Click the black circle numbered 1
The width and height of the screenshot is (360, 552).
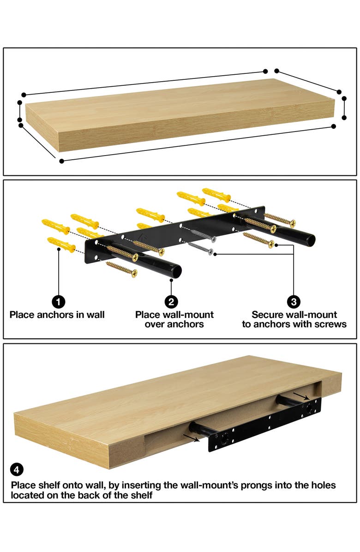click(58, 302)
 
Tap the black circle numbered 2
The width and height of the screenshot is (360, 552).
click(171, 302)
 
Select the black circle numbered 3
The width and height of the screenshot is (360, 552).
click(294, 302)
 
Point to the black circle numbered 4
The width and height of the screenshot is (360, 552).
click(17, 470)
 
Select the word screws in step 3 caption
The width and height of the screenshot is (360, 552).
click(331, 324)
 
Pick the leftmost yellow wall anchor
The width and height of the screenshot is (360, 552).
click(55, 226)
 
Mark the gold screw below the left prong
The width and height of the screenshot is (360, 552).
click(122, 269)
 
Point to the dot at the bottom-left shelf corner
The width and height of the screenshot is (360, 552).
click(61, 161)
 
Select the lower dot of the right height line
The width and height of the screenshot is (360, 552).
click(344, 118)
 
